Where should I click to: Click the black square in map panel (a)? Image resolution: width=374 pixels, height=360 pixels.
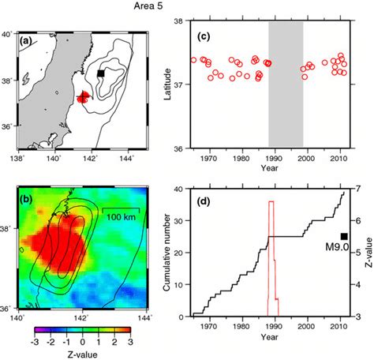(100, 73)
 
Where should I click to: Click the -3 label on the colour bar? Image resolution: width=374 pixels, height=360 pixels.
(36, 343)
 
